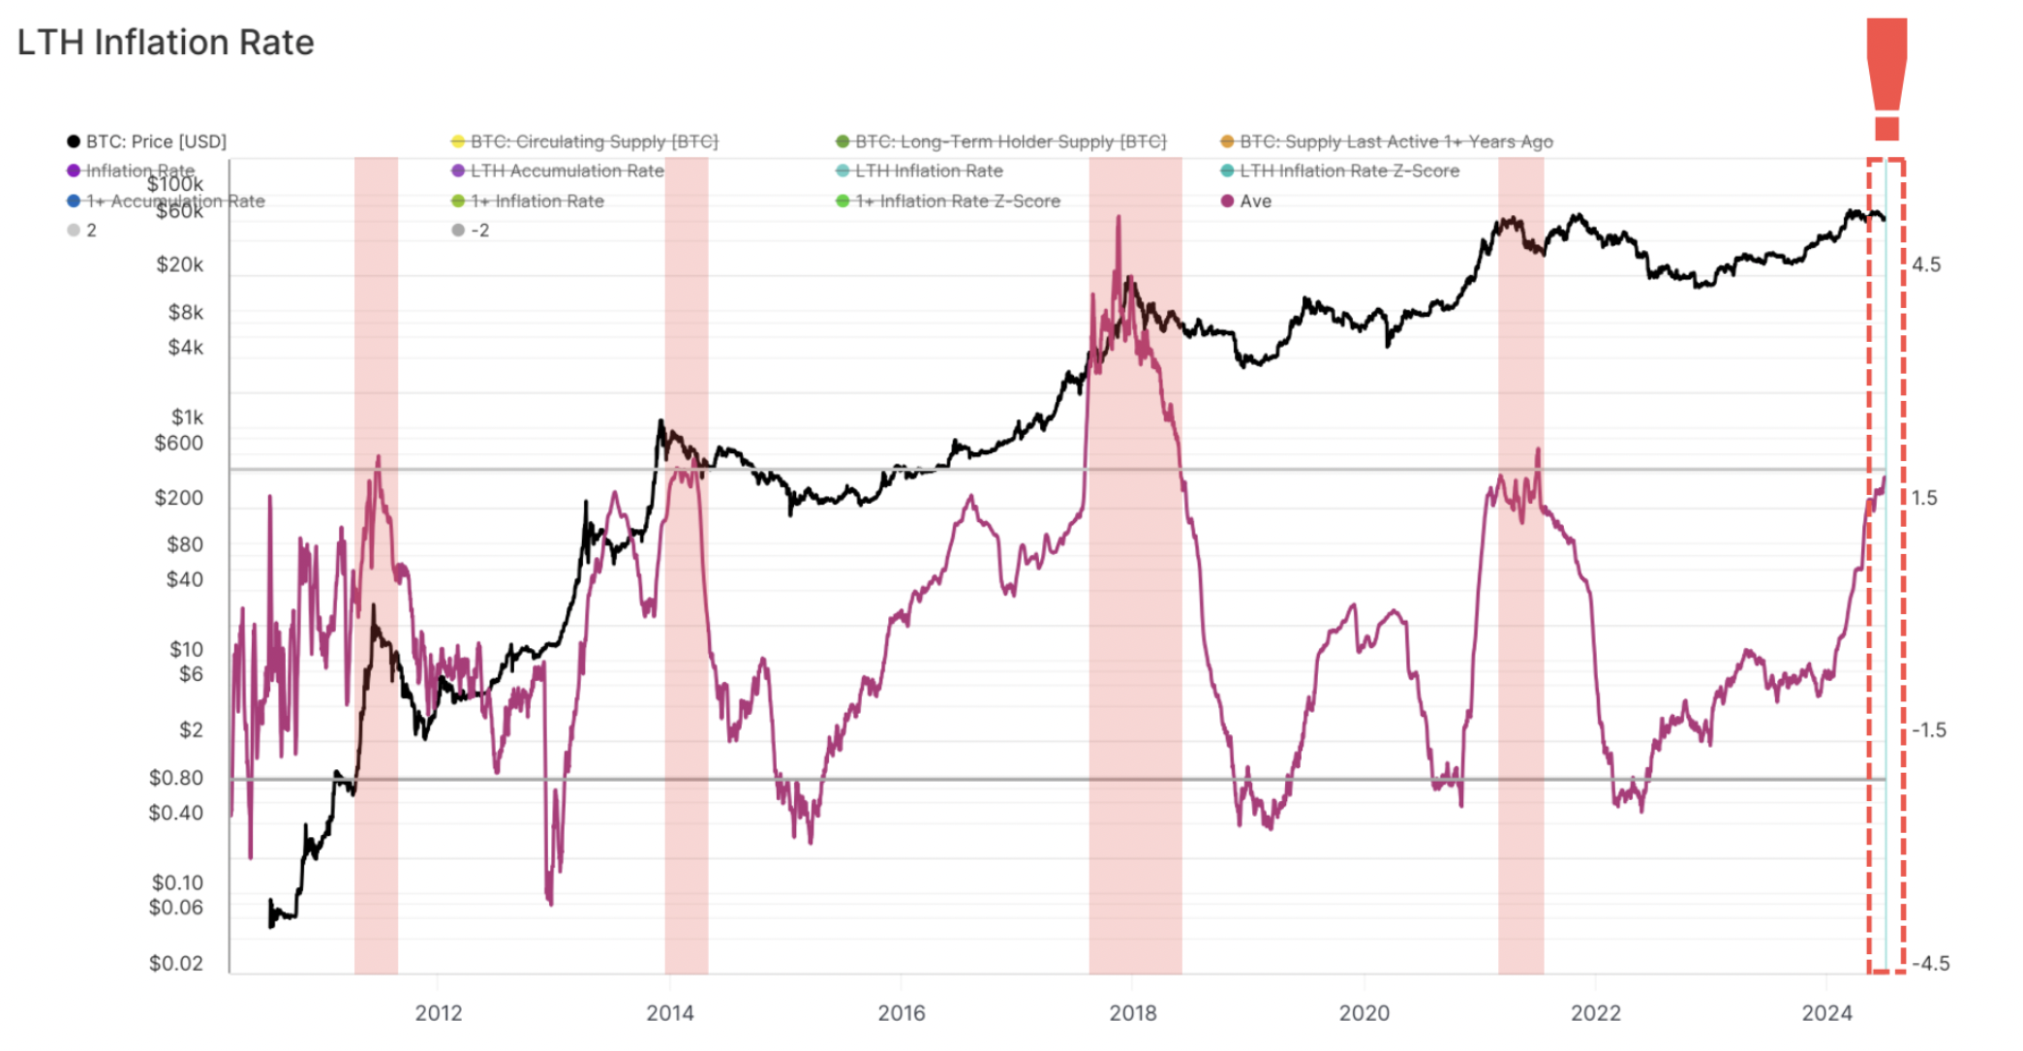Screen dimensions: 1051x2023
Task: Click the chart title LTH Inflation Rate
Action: (x=166, y=43)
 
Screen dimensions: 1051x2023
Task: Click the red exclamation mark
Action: (x=1885, y=77)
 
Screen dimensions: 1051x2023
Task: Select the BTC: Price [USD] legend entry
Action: (x=155, y=141)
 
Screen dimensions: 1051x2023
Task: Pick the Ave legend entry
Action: (x=1254, y=201)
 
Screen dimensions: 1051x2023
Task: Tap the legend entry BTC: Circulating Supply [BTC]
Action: (x=593, y=141)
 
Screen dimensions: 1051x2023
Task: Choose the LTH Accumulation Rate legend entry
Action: (x=567, y=171)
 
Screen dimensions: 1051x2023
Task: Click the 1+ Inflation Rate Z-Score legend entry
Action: (x=956, y=201)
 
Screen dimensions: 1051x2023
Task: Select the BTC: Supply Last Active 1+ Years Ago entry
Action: (x=1395, y=141)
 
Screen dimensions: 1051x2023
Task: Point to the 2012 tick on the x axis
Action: (x=438, y=1013)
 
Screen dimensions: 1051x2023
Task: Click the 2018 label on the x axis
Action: (x=1132, y=1013)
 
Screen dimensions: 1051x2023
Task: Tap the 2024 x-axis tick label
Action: (x=1825, y=1013)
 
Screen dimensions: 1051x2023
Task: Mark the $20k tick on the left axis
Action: (x=180, y=264)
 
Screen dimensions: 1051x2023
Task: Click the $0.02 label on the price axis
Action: (x=176, y=963)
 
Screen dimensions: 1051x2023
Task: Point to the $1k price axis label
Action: (x=187, y=417)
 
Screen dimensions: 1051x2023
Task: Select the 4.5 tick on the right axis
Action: (x=1926, y=264)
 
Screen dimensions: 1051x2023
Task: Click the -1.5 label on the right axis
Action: (x=1928, y=730)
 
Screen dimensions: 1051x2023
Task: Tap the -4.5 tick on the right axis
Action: (x=1930, y=963)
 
